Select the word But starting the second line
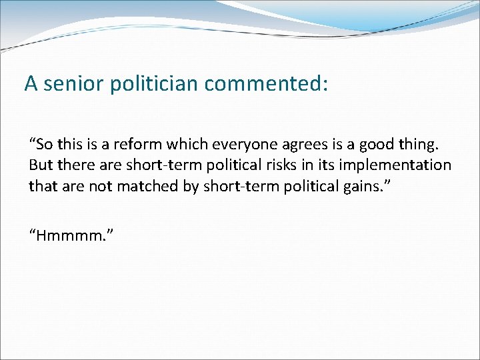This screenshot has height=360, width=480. tap(40, 164)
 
